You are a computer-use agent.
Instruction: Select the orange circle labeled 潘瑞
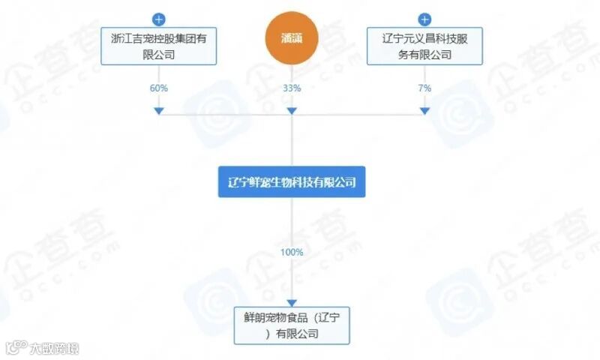coord(292,40)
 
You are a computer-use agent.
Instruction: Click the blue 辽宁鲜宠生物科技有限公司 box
coord(292,181)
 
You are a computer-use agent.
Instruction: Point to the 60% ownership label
coord(158,88)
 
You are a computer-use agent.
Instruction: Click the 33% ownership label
coord(292,88)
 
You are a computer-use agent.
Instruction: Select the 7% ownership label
coord(425,88)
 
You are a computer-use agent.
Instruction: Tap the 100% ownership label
coord(292,252)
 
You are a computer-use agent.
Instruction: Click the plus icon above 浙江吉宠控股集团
coord(158,19)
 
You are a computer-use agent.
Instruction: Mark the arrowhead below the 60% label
coord(158,111)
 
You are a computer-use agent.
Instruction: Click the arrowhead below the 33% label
coord(292,111)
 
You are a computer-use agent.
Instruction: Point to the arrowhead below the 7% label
coord(425,111)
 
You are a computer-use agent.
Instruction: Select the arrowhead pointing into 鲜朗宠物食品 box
coord(292,301)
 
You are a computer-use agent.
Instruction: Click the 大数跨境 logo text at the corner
coord(53,348)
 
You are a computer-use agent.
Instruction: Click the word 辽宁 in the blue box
coord(238,182)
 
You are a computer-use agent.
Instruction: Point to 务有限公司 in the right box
coord(425,54)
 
